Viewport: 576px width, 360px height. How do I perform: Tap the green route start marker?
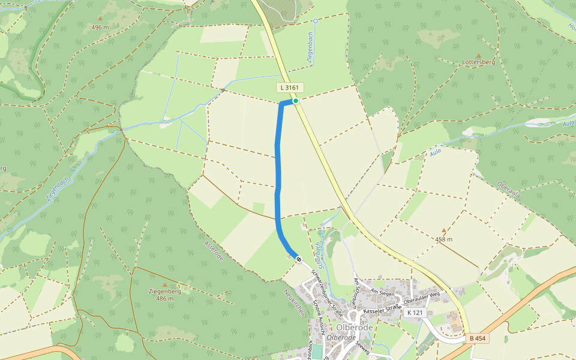pyautogui.click(x=296, y=101)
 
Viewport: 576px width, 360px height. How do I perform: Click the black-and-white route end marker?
pyautogui.click(x=298, y=260)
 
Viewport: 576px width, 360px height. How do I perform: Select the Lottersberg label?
pyautogui.click(x=478, y=62)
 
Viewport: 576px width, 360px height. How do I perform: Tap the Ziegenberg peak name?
pyautogui.click(x=164, y=291)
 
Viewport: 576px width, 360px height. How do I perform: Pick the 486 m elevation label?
pyautogui.click(x=165, y=298)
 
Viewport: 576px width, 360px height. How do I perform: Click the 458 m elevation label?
pyautogui.click(x=445, y=239)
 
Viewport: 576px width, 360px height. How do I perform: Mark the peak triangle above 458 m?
pyautogui.click(x=444, y=230)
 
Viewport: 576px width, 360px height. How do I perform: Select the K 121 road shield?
pyautogui.click(x=415, y=313)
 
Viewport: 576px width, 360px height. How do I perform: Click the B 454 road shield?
pyautogui.click(x=477, y=338)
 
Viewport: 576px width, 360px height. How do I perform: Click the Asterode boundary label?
pyautogui.click(x=214, y=249)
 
